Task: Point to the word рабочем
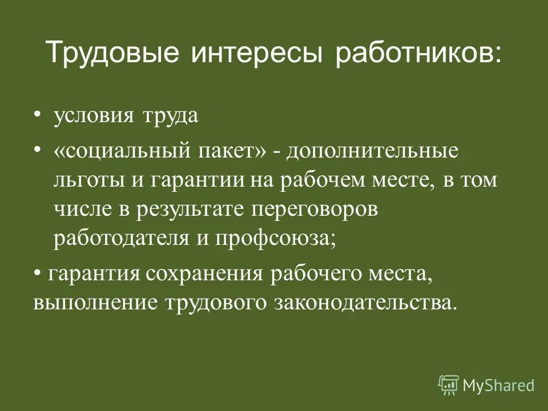click(318, 181)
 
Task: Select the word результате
click(191, 209)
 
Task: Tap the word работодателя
click(114, 238)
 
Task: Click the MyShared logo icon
click(449, 385)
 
